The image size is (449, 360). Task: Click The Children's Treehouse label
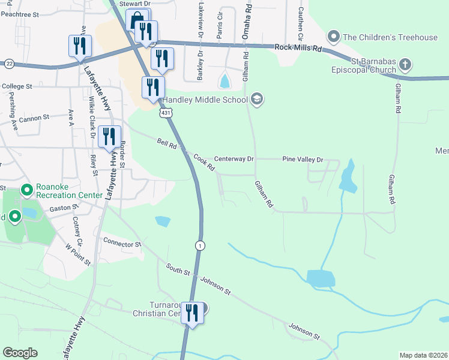[x=390, y=37]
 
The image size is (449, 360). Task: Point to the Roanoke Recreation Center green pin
[x=26, y=191]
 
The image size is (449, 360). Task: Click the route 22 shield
[x=9, y=63]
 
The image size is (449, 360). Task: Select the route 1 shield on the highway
[x=200, y=245]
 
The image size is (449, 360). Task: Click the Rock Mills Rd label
[x=298, y=47]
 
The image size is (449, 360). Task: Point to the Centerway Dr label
[x=235, y=160]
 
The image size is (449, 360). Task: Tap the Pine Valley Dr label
[x=303, y=160]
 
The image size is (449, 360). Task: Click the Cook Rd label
[x=204, y=163]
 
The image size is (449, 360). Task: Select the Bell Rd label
[x=166, y=144]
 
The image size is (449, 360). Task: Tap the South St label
[x=178, y=269]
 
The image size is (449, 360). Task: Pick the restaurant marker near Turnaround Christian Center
[x=192, y=313]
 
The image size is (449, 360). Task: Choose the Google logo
[x=20, y=352]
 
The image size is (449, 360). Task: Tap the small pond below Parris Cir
[x=224, y=80]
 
